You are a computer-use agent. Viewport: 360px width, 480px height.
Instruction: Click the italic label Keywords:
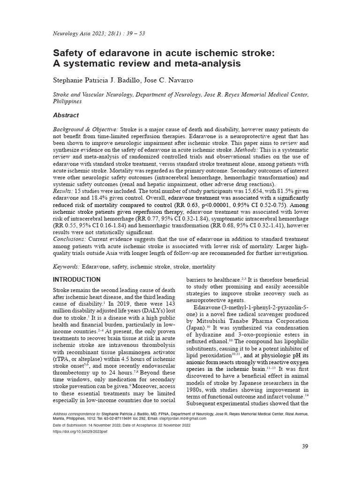[67, 267]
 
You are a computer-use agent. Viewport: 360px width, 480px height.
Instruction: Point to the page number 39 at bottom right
[304, 446]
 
